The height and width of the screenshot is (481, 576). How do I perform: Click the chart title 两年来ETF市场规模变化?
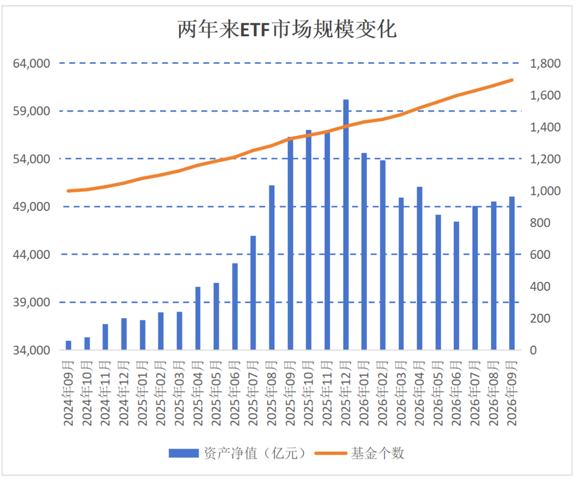pos(287,29)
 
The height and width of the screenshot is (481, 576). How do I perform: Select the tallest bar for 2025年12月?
pos(346,224)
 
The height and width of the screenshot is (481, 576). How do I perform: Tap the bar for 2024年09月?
pos(69,345)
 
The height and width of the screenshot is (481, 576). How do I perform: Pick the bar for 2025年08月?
pos(272,268)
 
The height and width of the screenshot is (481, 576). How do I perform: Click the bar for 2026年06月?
pos(456,285)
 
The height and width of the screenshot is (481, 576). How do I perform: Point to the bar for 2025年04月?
pos(198,318)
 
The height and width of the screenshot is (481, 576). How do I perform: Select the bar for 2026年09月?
pos(511,273)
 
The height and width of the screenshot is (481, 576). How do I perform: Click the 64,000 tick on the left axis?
pos(32,63)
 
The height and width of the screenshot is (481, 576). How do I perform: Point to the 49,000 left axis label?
pos(32,207)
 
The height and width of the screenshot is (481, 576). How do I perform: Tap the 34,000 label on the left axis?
pos(32,350)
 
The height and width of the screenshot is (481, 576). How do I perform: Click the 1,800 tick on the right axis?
pos(545,63)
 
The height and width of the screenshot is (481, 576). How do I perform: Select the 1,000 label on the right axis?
pos(545,191)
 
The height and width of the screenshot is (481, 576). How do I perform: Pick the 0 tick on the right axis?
pos(533,350)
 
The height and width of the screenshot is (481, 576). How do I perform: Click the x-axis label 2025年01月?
pos(142,394)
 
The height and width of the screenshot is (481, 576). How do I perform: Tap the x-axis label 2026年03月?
pos(401,394)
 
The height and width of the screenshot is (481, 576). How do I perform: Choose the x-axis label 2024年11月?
pos(105,394)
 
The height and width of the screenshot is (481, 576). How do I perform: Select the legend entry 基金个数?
pos(359,453)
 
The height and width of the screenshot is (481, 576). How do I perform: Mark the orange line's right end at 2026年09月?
pos(511,80)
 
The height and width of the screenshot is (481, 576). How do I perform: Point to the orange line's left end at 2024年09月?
pos(69,191)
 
